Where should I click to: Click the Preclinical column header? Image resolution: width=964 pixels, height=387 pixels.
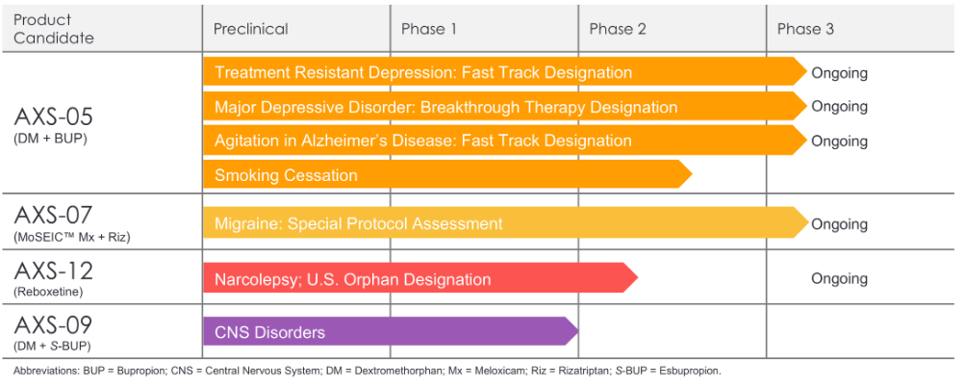point(251,29)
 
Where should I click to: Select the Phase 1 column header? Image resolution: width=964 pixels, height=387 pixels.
point(429,29)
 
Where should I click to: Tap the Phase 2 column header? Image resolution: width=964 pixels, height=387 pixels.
point(618,29)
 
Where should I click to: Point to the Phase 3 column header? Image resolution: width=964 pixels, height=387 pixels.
point(805,29)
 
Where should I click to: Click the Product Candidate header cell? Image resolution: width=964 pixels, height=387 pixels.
point(54,29)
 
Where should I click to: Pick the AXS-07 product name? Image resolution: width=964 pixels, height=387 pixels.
point(53,215)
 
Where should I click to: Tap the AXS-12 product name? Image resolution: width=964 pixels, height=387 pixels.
point(53,270)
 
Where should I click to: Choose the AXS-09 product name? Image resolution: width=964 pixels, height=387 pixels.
point(53,323)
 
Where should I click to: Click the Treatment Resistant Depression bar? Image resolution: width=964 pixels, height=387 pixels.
point(505,72)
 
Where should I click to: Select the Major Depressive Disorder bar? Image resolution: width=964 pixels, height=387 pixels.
point(505,107)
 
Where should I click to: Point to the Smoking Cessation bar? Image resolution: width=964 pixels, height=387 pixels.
point(447,175)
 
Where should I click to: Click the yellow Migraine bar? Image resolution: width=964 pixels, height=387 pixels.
point(506,223)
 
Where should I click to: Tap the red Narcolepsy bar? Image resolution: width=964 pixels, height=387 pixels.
point(420,279)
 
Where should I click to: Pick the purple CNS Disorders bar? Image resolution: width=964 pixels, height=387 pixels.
point(391,332)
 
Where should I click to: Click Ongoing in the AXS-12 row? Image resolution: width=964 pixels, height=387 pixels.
point(839,279)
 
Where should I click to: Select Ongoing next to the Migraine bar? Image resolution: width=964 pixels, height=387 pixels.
point(839,224)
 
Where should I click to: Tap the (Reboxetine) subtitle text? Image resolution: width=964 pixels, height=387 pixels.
point(47,293)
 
